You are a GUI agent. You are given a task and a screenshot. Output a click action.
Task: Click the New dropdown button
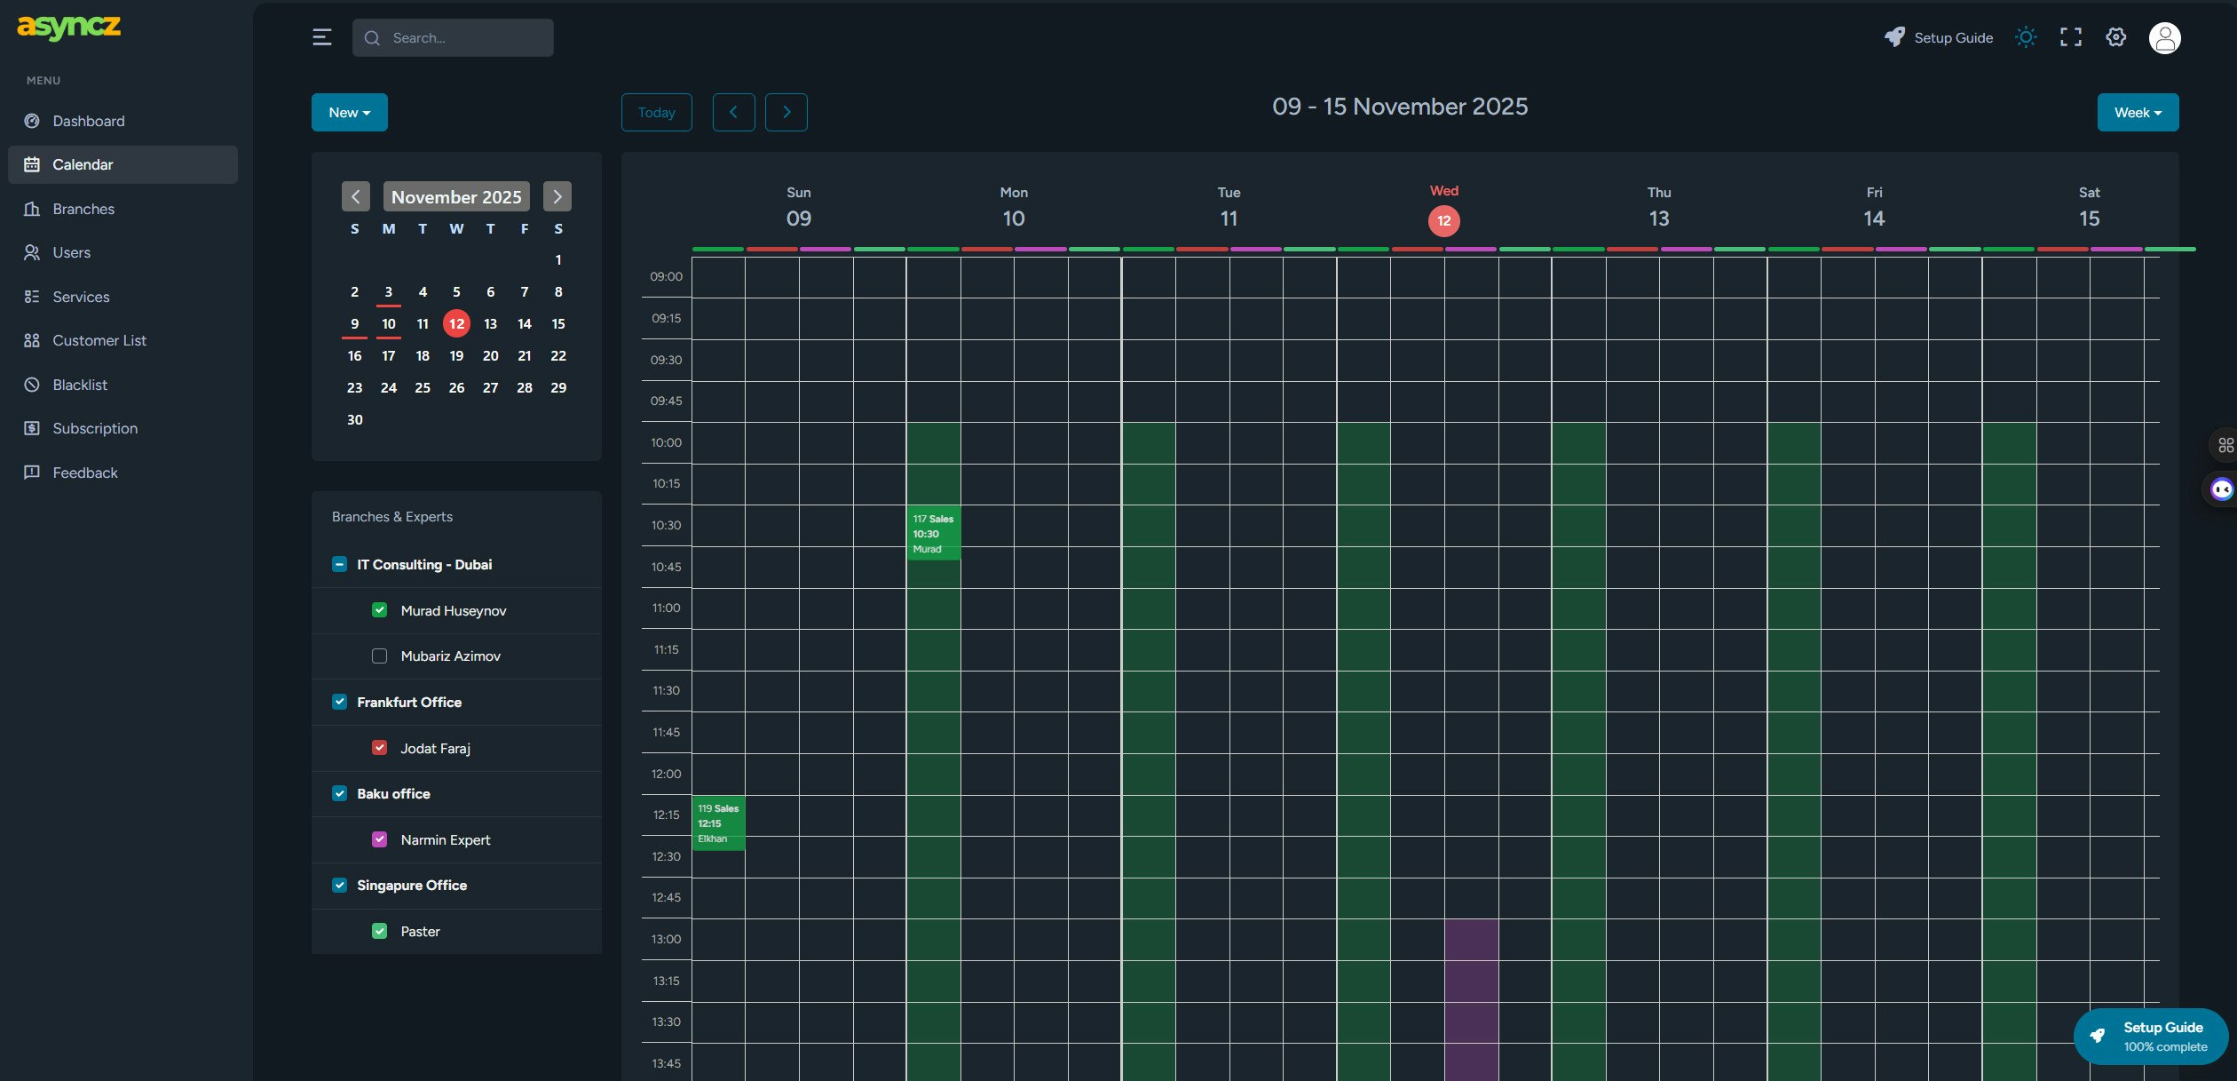click(x=349, y=113)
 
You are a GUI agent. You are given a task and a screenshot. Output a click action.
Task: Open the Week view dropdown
click(x=2137, y=113)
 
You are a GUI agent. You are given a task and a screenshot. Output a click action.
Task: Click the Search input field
click(x=453, y=38)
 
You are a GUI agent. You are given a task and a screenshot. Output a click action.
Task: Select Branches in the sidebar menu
click(x=83, y=209)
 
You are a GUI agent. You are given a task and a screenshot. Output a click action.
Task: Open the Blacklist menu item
click(x=80, y=385)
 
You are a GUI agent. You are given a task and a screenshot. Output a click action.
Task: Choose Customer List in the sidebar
click(x=99, y=340)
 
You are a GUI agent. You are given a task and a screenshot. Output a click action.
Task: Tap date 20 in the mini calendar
click(x=490, y=355)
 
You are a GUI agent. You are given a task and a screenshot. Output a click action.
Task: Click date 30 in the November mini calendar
click(x=354, y=419)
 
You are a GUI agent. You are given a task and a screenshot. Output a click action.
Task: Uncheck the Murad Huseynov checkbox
click(x=379, y=610)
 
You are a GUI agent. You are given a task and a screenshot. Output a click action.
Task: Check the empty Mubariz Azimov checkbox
click(x=379, y=656)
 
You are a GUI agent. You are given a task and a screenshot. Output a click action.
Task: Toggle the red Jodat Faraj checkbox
click(x=379, y=748)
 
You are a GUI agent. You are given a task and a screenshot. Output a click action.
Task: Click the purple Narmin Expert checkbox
click(x=379, y=839)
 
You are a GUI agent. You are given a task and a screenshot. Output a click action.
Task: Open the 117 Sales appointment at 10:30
click(x=933, y=533)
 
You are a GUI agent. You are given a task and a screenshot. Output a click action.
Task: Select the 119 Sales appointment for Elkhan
click(x=717, y=823)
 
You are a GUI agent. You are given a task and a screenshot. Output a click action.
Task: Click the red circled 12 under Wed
click(x=1443, y=220)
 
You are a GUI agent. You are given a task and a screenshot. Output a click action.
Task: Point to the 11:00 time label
click(x=666, y=608)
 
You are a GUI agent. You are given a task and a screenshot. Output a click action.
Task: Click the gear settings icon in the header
click(x=2115, y=37)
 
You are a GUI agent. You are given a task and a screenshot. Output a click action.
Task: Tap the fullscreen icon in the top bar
click(x=2070, y=37)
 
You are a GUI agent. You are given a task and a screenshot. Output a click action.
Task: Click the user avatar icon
click(x=2164, y=38)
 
